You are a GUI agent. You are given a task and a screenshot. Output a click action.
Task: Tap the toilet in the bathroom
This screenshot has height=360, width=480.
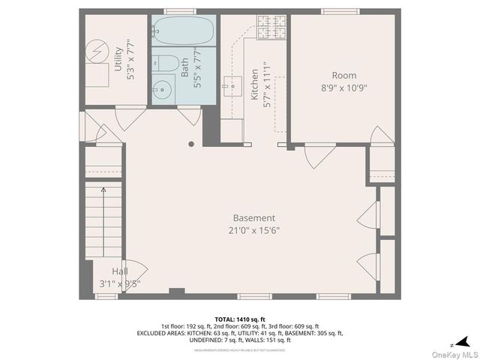[168, 63]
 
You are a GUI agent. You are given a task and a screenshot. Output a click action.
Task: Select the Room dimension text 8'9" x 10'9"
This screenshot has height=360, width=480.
[344, 87]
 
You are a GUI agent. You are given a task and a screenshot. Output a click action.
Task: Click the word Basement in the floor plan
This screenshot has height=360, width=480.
[253, 218]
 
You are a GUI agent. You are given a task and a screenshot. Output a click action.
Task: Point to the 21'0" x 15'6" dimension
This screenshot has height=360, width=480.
[253, 230]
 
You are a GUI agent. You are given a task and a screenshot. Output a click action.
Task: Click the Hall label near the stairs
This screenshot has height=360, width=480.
[120, 271]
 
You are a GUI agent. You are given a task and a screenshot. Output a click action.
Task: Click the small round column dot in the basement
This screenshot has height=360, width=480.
[191, 143]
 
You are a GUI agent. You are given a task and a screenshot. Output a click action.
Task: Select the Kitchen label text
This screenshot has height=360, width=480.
[254, 85]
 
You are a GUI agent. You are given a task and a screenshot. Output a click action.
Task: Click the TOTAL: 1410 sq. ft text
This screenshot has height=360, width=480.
[240, 319]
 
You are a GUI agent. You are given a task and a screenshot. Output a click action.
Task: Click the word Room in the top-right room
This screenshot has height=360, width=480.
[344, 75]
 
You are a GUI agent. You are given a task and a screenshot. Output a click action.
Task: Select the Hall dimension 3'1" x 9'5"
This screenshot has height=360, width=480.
[120, 283]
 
